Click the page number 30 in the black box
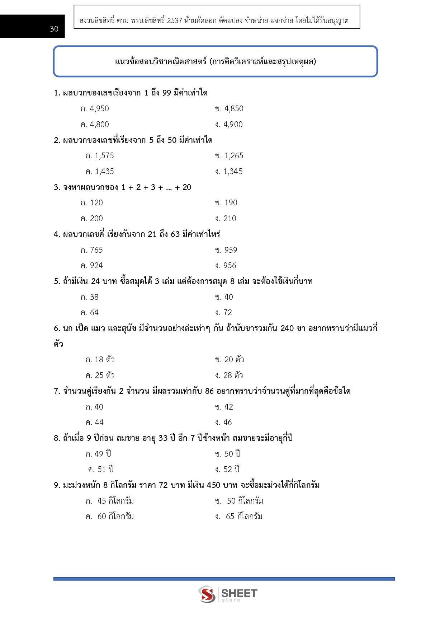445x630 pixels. click(54, 29)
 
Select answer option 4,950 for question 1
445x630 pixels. click(95, 109)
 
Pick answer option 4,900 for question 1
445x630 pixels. click(229, 125)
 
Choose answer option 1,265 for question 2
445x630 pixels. click(229, 156)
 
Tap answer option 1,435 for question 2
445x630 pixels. click(100, 172)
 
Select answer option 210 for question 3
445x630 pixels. click(226, 219)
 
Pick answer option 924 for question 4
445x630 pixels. click(92, 266)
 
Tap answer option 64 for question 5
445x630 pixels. click(90, 313)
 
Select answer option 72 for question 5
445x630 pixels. click(224, 313)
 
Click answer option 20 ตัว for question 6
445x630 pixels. click(230, 360)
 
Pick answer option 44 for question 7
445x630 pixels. click(95, 423)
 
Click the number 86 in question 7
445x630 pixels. click(209, 391)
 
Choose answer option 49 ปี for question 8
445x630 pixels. click(99, 454)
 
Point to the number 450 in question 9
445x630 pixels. click(214, 485)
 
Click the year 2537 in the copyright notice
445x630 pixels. click(175, 20)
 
